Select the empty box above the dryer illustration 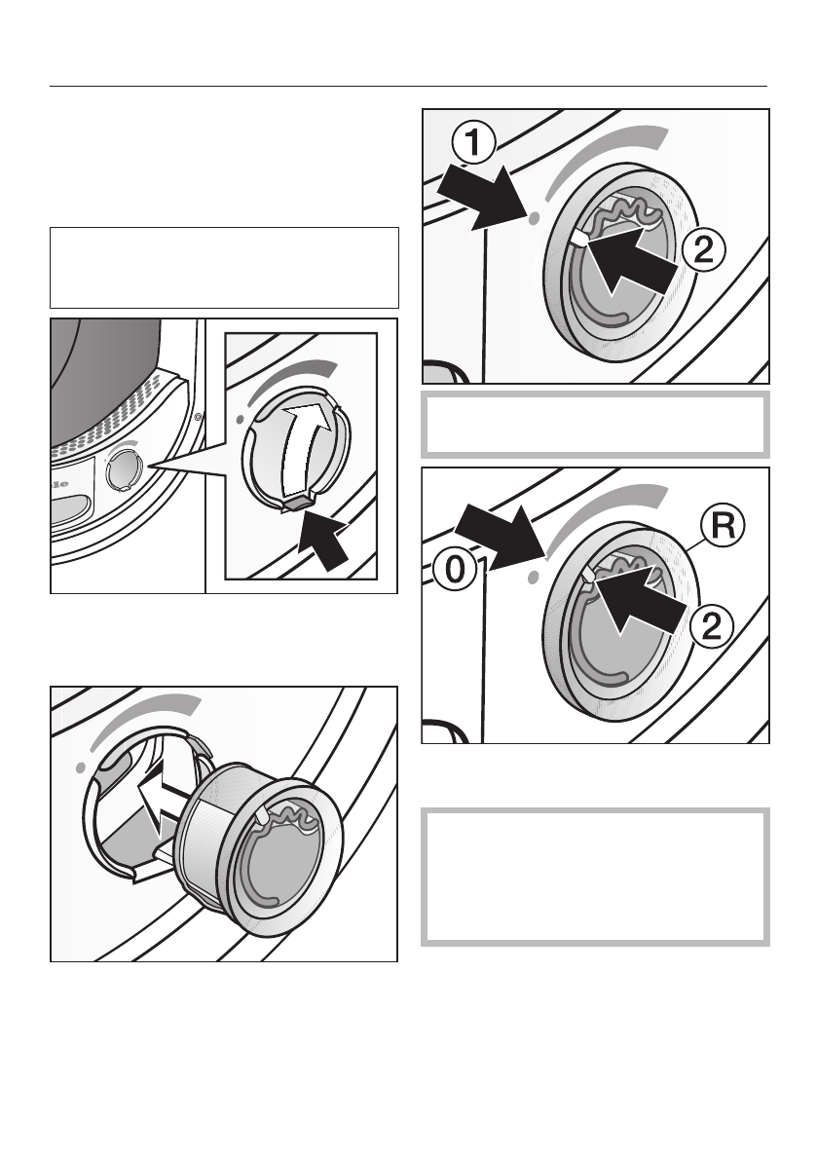(224, 268)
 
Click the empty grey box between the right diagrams (595, 426)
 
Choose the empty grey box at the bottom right (595, 876)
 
